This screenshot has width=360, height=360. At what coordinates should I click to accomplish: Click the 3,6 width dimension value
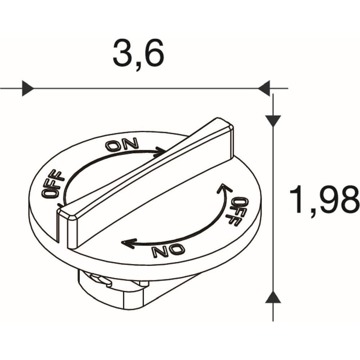[x=139, y=55]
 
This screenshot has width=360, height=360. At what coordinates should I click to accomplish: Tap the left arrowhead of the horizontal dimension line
[x=28, y=88]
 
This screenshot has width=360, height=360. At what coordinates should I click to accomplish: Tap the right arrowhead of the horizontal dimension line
[x=264, y=88]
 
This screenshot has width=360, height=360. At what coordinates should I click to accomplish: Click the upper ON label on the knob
[x=122, y=145]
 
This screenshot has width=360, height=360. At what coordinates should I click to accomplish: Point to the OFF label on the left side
[x=53, y=184]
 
